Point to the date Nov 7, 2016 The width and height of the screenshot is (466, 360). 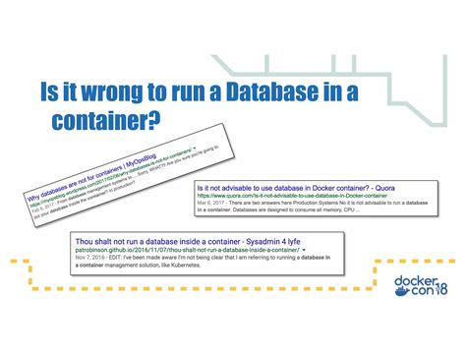(90, 260)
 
